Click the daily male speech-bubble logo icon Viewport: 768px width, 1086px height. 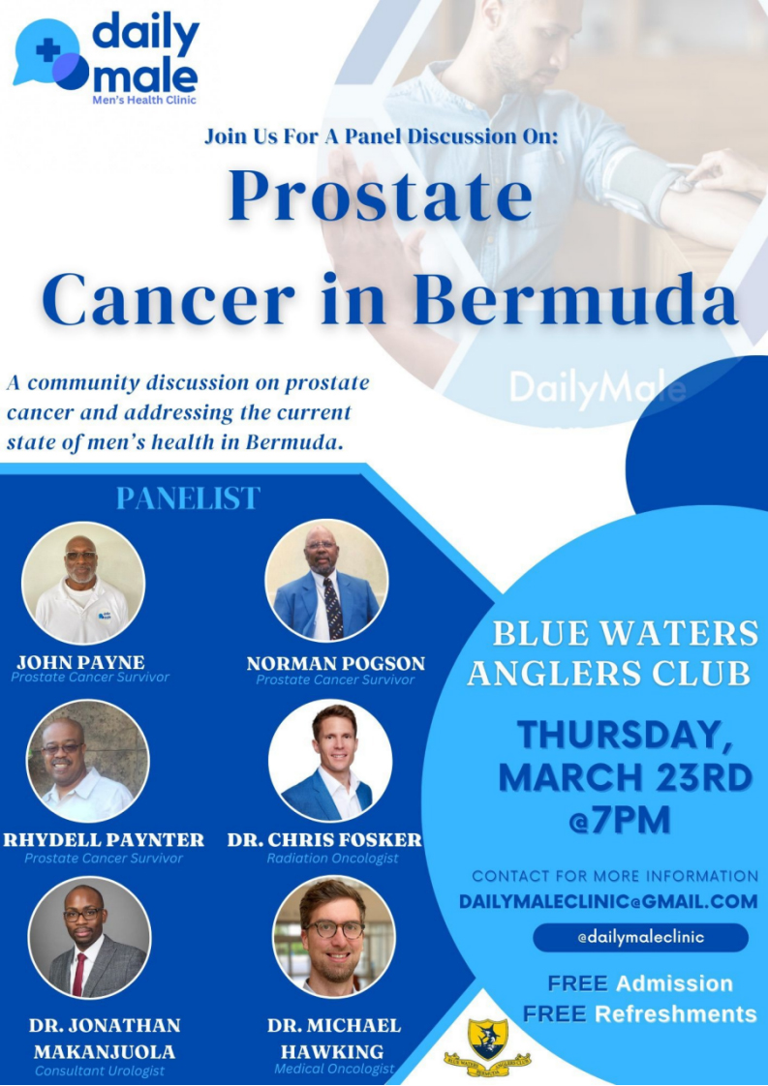coord(51,55)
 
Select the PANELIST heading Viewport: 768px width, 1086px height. coord(188,498)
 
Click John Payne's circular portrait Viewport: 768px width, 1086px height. coord(83,584)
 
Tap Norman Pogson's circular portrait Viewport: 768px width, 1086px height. coord(326,581)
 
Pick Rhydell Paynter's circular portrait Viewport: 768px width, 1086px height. coord(87,761)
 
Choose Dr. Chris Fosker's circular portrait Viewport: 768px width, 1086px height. coord(330,761)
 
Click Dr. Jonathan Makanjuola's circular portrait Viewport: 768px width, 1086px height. coord(89,938)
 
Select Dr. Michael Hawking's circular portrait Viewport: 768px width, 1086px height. coord(333,938)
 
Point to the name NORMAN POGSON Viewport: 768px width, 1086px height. coord(336,664)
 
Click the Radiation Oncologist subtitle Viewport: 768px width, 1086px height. coord(333,859)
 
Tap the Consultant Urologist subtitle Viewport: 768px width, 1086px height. coord(100,1071)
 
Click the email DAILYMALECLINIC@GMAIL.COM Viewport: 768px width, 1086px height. coord(608,901)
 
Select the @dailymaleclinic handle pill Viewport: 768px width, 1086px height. coord(640,937)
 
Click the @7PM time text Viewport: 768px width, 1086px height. coord(620,820)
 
